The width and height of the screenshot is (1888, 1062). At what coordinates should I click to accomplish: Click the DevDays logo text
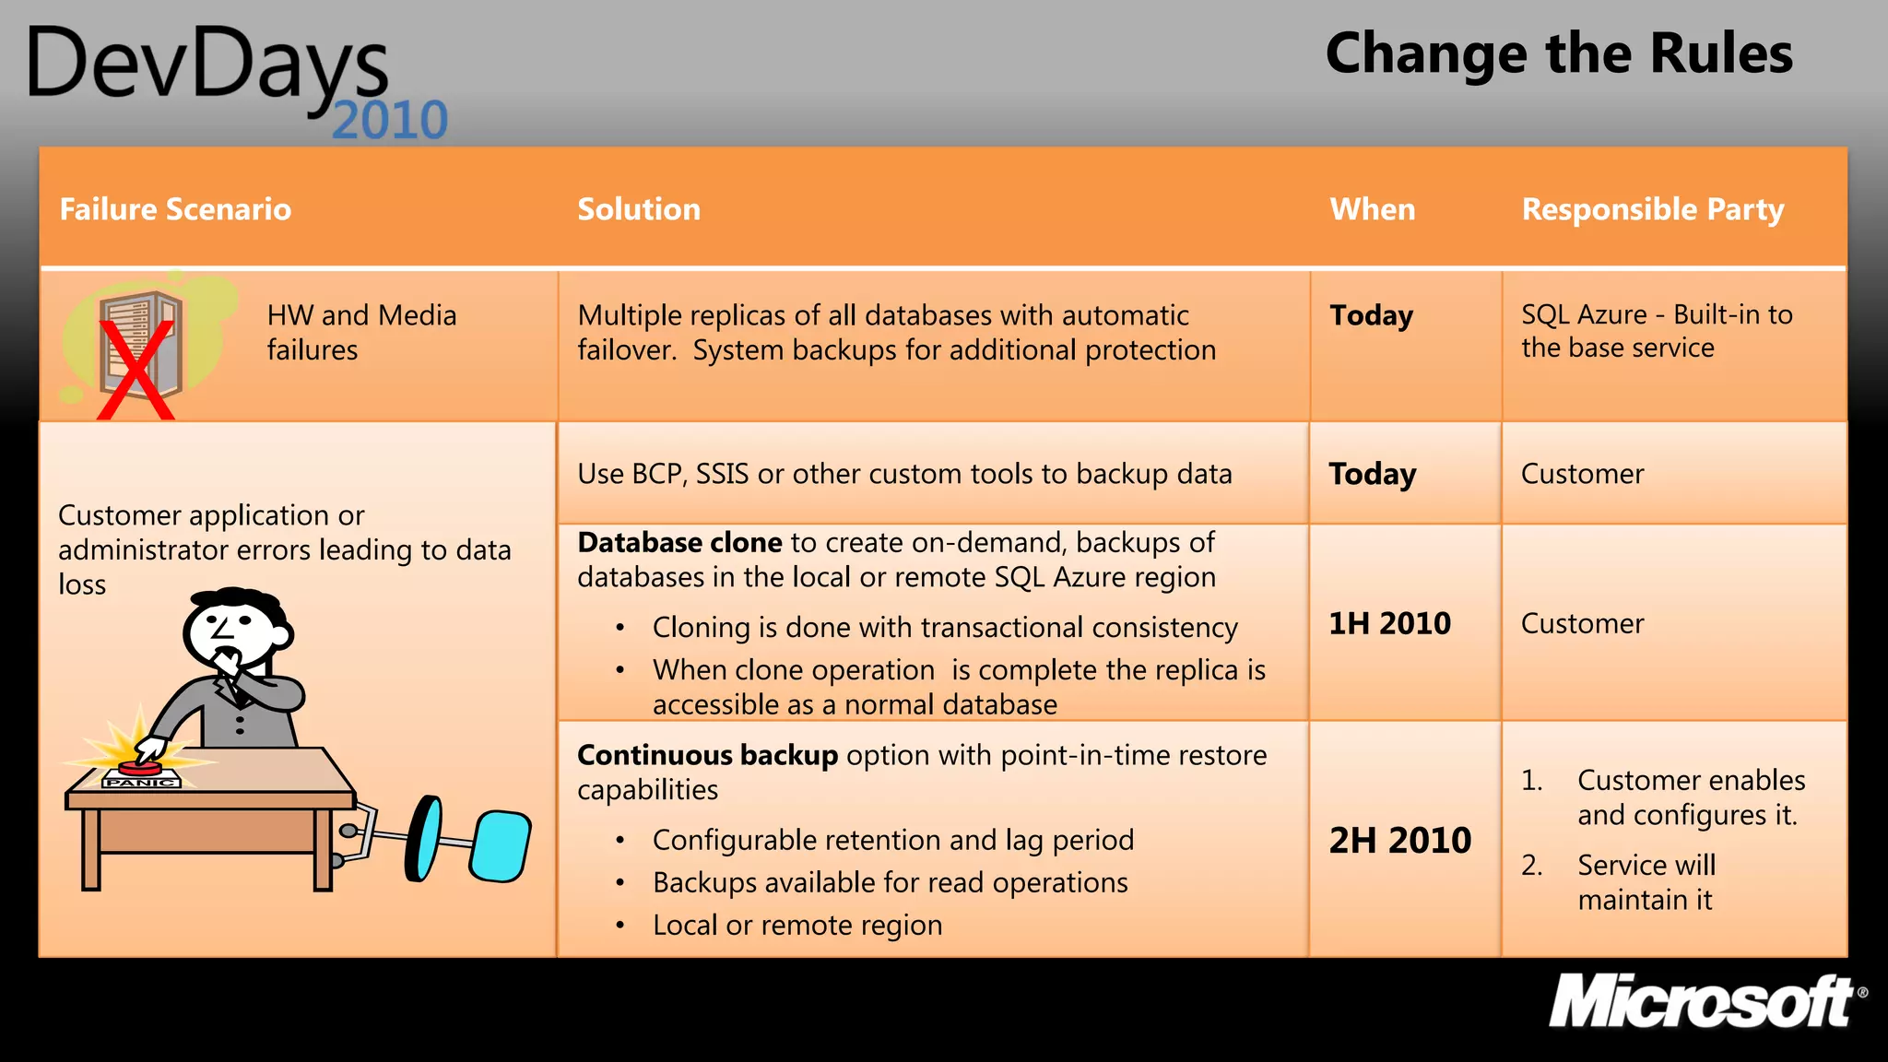207,65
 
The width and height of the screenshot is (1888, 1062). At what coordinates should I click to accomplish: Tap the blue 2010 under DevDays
389,121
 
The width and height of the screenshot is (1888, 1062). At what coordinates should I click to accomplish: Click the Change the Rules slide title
1558,53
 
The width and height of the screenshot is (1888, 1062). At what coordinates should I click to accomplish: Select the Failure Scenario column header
175,209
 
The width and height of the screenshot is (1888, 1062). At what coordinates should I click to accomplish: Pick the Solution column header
639,209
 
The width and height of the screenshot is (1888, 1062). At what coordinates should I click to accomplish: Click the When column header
1372,209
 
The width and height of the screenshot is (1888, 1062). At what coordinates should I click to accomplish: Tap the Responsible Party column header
1652,209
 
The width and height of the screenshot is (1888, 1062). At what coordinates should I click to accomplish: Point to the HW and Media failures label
361,332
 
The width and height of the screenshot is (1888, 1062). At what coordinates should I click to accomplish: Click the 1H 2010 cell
1389,623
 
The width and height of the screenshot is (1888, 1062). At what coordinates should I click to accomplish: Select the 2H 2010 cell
1399,840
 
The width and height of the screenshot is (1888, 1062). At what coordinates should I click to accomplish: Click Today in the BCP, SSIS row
1372,474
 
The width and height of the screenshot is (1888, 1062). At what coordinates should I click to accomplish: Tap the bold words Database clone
679,542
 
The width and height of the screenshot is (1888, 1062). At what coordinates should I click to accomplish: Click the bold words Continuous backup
707,755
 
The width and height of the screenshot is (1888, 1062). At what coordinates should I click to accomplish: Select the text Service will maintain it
1646,882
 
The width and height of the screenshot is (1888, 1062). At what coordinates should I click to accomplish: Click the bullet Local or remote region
796,925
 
